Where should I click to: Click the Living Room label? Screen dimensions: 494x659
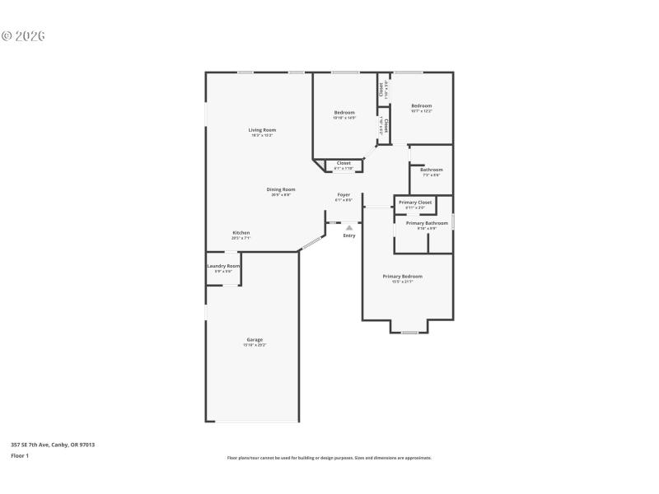click(262, 130)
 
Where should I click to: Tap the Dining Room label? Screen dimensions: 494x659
click(281, 189)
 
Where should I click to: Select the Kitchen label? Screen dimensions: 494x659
click(241, 233)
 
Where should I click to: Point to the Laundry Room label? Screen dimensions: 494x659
click(223, 266)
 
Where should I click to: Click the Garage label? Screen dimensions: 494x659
click(255, 340)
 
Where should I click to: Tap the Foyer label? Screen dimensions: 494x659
click(344, 195)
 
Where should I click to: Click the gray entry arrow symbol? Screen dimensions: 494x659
click(349, 227)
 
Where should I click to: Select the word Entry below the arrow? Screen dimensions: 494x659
click(349, 235)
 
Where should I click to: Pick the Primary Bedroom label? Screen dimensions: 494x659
click(402, 277)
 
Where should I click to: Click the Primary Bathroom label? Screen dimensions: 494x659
click(427, 223)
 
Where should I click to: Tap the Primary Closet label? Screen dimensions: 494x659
click(415, 203)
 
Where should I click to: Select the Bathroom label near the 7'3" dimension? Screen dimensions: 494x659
click(432, 170)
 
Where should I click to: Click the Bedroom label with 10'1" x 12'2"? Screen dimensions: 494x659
click(421, 105)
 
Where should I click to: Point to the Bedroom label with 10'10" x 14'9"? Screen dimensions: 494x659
click(344, 113)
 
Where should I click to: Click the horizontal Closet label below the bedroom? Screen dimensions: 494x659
click(344, 163)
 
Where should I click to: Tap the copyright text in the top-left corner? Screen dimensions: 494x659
click(23, 36)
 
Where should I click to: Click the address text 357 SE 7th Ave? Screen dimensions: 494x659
click(53, 445)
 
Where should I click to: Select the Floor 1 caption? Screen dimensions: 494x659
click(20, 455)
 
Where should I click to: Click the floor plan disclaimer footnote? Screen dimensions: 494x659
click(329, 458)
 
